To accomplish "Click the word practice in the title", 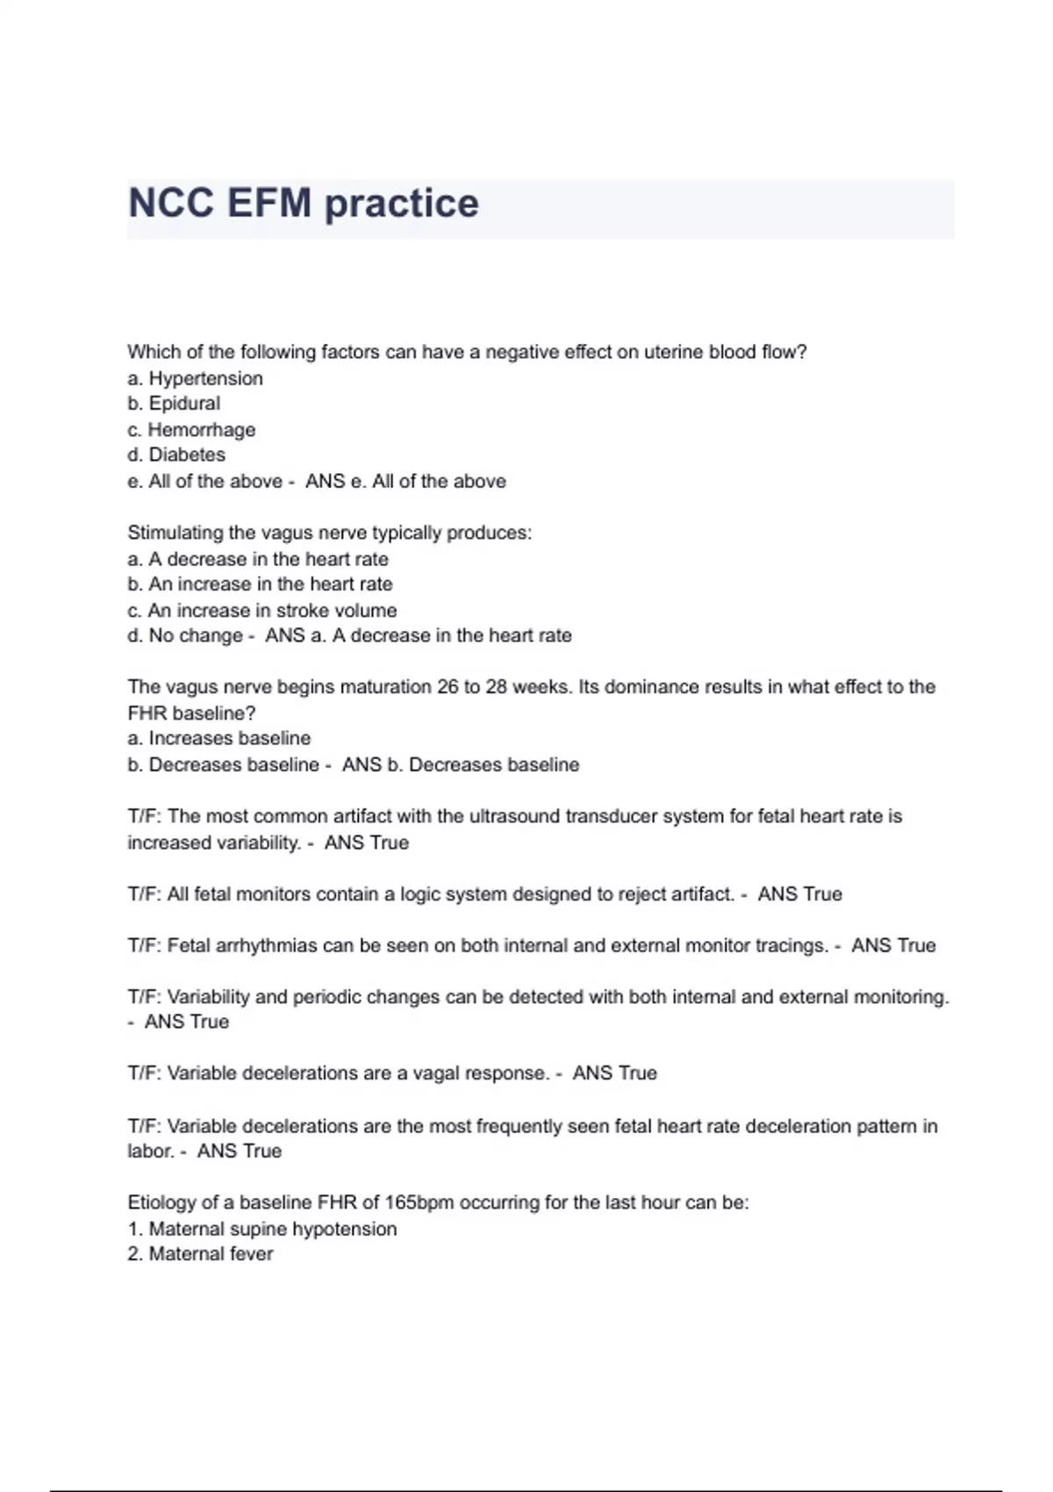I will (402, 204).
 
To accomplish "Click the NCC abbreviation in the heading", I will (171, 204).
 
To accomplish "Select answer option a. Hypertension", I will (195, 378).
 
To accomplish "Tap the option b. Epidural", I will (174, 404).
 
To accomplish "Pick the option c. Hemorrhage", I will (191, 430).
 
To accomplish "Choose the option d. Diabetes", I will (176, 455).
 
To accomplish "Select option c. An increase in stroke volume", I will (261, 610).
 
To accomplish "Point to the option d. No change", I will (184, 635).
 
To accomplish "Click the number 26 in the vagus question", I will (448, 686).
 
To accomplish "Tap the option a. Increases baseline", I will (218, 738).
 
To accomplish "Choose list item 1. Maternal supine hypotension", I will (261, 1229).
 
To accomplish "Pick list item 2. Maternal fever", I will (200, 1254).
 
